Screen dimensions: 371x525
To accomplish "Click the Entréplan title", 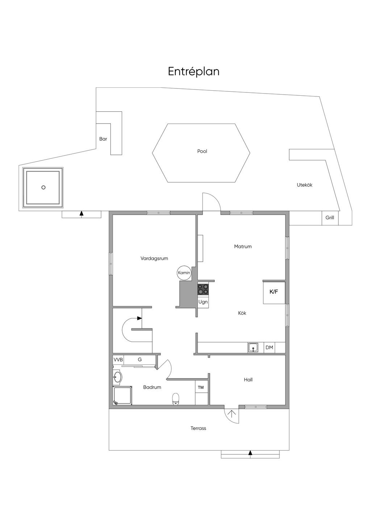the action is coord(193,71).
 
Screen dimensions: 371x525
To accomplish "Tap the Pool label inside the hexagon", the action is coord(202,151).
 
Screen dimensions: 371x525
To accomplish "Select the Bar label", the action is coord(103,139).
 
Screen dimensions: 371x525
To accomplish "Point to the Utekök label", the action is coord(304,185).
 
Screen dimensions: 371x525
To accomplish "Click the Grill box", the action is coord(330,218).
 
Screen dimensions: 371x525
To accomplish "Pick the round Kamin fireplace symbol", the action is coord(184,273).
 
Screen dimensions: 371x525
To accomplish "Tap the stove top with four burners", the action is coord(203,289).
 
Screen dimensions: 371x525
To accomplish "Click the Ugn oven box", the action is coord(203,301).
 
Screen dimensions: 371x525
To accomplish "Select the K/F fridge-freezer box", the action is coord(274,293).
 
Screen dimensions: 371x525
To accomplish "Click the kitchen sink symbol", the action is coord(253,347).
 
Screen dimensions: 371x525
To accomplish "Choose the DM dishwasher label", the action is coord(269,347).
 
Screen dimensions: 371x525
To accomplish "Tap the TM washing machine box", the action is coord(201,387).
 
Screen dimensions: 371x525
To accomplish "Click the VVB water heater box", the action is coord(118,360).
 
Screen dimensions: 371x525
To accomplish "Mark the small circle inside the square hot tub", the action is coord(43,187).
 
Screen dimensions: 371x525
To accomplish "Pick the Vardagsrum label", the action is coord(154,258).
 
